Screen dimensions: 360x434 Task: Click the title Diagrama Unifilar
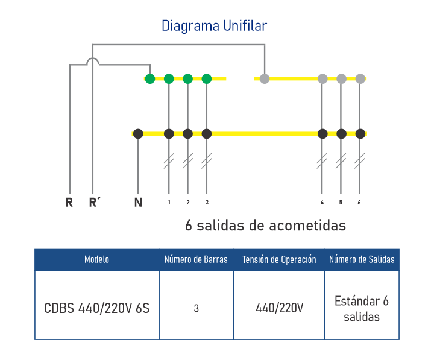click(214, 26)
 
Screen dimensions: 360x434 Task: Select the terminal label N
click(138, 203)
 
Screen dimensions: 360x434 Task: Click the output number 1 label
click(169, 203)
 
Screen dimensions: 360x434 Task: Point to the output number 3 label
click(207, 203)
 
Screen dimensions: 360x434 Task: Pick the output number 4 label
click(322, 203)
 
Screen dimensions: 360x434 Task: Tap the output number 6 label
click(359, 203)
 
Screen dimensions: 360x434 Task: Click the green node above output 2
click(187, 78)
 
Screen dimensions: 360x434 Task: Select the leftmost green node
click(150, 78)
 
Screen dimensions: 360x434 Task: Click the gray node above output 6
click(360, 78)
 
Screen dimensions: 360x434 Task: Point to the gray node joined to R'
click(265, 78)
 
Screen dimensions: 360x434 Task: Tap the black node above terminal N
click(138, 134)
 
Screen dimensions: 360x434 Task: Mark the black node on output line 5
click(341, 134)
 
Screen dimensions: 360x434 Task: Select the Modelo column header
click(96, 260)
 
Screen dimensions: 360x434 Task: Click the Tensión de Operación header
click(279, 260)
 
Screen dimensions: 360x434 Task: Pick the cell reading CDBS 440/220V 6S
click(96, 308)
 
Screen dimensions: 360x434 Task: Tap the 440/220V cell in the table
click(279, 308)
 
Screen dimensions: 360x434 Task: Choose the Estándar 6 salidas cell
click(362, 308)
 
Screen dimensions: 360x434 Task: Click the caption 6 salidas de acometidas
click(265, 226)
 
